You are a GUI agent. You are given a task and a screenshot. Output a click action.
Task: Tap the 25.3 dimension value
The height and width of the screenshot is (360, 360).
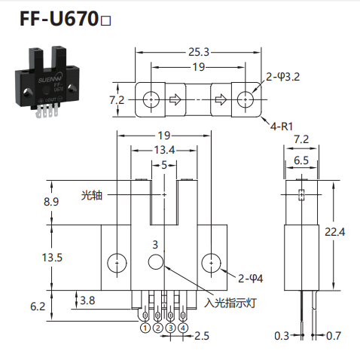point(199,52)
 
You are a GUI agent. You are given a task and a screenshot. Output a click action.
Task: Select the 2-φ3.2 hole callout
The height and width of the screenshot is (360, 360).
point(283,77)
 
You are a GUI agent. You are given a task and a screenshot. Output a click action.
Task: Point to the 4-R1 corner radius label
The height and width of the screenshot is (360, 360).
point(282,126)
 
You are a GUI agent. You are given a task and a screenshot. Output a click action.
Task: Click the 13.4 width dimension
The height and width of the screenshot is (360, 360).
point(164,150)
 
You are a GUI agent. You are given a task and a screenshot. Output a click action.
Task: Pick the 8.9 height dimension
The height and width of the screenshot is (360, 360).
point(51,202)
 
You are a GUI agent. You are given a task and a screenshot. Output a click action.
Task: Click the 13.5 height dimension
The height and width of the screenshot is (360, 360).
point(52,258)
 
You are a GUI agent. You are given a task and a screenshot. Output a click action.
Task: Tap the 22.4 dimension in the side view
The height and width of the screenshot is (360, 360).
point(335,232)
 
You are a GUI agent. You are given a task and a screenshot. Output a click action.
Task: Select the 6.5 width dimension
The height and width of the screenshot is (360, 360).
point(301,160)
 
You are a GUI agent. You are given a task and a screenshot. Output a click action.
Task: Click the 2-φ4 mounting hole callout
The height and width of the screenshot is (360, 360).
point(251,279)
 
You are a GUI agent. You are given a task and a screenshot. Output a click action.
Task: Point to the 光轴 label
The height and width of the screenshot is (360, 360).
point(92,195)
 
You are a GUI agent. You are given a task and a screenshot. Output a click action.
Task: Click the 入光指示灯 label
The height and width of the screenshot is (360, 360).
point(230,303)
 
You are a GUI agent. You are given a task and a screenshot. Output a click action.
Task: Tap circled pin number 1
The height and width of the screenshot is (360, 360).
point(145,328)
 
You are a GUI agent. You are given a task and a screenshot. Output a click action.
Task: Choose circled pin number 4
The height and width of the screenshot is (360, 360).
point(183,328)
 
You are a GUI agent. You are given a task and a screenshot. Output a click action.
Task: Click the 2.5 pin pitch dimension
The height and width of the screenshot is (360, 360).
point(202,336)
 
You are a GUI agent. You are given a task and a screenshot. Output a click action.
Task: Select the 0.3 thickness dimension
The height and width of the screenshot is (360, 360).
point(282,336)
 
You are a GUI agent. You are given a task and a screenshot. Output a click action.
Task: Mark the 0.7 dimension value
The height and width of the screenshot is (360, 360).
point(334,336)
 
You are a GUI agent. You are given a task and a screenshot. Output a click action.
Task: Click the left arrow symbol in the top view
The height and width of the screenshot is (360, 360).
point(175,99)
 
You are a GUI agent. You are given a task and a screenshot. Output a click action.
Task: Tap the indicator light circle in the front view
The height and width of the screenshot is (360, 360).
point(156,262)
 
